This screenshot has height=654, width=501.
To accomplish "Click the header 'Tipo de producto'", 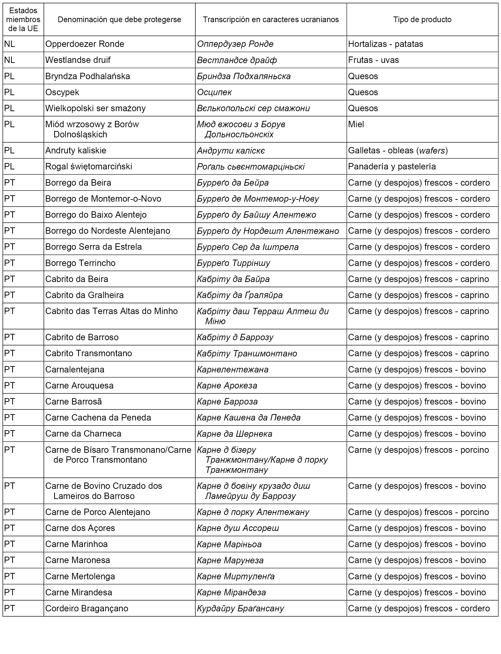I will click(422, 20).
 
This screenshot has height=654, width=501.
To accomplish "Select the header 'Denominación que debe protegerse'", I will click(119, 20).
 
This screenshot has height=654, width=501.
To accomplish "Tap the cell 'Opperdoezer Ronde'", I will click(85, 44).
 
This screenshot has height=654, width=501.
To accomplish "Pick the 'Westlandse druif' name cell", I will click(78, 60).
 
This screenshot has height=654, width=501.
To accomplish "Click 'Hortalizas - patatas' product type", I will click(386, 44).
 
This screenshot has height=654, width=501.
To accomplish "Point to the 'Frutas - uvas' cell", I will click(373, 60).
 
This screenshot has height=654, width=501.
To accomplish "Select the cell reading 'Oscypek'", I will click(62, 92).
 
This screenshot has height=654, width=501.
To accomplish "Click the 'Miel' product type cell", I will click(356, 124).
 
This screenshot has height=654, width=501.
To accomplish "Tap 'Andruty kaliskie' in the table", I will click(76, 151).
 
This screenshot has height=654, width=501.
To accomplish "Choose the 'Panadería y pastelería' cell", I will click(392, 167).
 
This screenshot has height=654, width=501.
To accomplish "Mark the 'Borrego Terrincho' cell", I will click(80, 263).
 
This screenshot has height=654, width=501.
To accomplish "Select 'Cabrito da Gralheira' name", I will click(84, 295).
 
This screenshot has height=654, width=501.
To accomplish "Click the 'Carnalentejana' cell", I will click(75, 370).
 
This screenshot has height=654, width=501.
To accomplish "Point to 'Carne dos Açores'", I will click(80, 528).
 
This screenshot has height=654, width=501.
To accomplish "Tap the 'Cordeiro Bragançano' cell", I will click(86, 608).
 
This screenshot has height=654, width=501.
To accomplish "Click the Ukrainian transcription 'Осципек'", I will click(214, 92).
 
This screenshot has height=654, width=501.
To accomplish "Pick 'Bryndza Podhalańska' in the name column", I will click(88, 76).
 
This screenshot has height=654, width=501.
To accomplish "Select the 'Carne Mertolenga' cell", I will click(80, 576).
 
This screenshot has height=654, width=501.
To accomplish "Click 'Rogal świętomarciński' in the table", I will click(89, 167).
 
